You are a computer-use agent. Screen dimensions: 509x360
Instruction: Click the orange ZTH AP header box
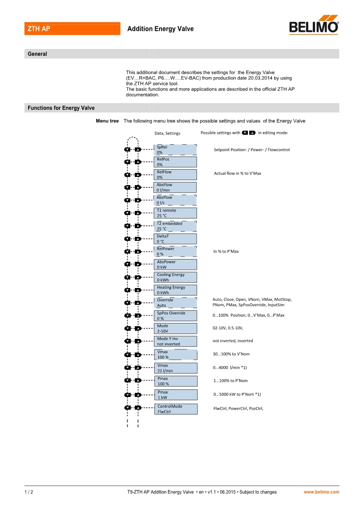click(x=72, y=29)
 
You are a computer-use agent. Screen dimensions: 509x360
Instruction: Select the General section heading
click(x=38, y=54)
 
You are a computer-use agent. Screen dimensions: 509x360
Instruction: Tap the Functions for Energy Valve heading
click(x=61, y=108)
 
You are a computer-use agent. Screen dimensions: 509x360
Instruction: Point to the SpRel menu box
click(x=176, y=150)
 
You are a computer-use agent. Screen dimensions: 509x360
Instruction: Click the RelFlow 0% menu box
click(x=176, y=175)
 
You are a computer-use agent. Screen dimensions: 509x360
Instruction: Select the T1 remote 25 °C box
click(x=176, y=213)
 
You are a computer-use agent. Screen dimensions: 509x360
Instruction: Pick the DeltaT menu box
click(x=176, y=239)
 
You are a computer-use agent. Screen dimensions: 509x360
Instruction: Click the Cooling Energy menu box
click(x=176, y=277)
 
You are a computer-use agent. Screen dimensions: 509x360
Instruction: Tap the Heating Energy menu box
click(x=176, y=290)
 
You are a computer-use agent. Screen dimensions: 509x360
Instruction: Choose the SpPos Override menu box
click(x=176, y=316)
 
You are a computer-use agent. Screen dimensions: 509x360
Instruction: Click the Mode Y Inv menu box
click(x=176, y=341)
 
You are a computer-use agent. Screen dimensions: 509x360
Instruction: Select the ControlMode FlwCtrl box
click(x=176, y=409)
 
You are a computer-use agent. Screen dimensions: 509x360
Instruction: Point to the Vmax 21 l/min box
click(x=176, y=368)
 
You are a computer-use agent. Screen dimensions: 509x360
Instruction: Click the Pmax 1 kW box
click(x=176, y=395)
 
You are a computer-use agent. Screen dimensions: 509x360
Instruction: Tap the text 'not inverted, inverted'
click(x=233, y=341)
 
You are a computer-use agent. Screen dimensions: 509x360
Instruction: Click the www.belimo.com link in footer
click(x=321, y=492)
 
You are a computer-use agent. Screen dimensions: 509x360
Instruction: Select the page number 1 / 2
click(x=29, y=492)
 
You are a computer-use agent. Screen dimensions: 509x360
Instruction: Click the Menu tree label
click(x=107, y=121)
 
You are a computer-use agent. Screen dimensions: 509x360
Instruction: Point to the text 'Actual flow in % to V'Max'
click(x=237, y=173)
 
